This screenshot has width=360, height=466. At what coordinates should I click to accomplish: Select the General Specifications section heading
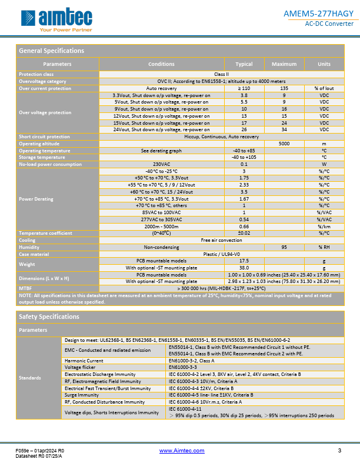click(x=52, y=51)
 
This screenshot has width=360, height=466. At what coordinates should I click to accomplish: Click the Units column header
click(x=324, y=64)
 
